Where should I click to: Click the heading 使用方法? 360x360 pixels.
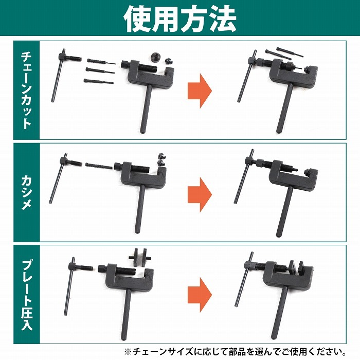(x=180, y=19)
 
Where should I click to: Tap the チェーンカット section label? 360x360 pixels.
(x=26, y=90)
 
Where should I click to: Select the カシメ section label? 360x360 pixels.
(x=26, y=192)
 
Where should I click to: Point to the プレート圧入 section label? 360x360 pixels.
(x=27, y=295)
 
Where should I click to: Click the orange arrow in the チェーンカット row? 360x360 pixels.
(x=200, y=91)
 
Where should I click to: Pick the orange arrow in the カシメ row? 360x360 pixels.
(x=200, y=194)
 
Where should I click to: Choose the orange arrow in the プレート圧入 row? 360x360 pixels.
(x=200, y=295)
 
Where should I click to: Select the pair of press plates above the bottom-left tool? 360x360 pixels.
(x=140, y=257)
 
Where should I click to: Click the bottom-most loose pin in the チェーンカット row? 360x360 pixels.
(x=99, y=81)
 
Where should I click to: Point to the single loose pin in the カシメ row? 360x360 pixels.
(x=99, y=165)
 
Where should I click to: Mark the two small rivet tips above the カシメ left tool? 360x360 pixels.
(x=161, y=159)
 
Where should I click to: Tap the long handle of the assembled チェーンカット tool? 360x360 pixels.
(x=285, y=108)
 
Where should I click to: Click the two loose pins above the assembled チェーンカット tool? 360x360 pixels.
(x=283, y=53)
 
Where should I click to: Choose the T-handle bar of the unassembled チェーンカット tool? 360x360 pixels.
(x=58, y=76)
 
